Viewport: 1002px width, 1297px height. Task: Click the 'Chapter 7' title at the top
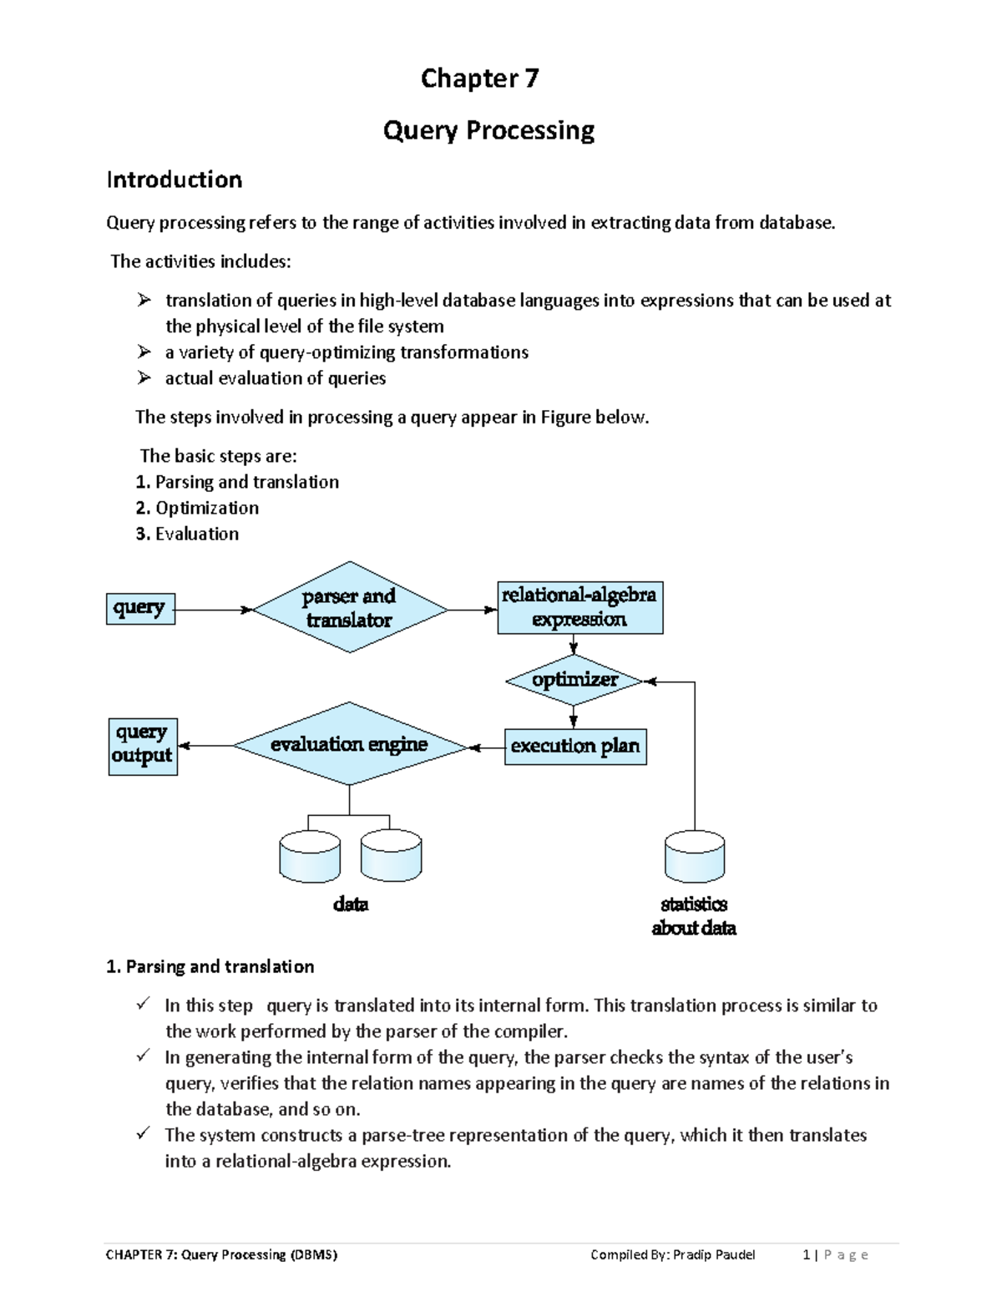[479, 79]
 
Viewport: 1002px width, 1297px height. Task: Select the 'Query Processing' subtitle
[488, 130]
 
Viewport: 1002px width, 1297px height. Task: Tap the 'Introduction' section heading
[174, 180]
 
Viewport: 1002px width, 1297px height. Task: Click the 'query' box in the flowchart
[139, 609]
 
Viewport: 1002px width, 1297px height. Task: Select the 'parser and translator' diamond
[349, 609]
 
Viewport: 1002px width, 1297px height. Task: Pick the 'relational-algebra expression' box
[579, 608]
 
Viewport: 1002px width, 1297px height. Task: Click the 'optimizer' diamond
[574, 681]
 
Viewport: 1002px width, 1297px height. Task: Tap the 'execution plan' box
[575, 747]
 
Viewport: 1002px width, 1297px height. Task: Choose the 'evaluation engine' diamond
[349, 745]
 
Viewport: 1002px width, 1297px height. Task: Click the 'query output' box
[143, 746]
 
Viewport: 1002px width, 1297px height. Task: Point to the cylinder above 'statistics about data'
[694, 857]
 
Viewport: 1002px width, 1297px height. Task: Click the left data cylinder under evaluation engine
[310, 857]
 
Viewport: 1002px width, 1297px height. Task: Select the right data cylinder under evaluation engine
[391, 857]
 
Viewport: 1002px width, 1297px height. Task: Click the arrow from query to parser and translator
[213, 611]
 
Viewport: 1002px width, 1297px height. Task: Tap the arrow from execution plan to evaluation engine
[486, 747]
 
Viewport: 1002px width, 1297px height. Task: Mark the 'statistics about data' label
[694, 916]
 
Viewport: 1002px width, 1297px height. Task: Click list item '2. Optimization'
[197, 508]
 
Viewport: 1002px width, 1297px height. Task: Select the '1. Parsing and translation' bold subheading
[210, 966]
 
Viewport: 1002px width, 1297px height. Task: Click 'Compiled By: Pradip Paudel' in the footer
[672, 1254]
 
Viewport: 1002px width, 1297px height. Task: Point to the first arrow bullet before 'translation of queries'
[144, 300]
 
